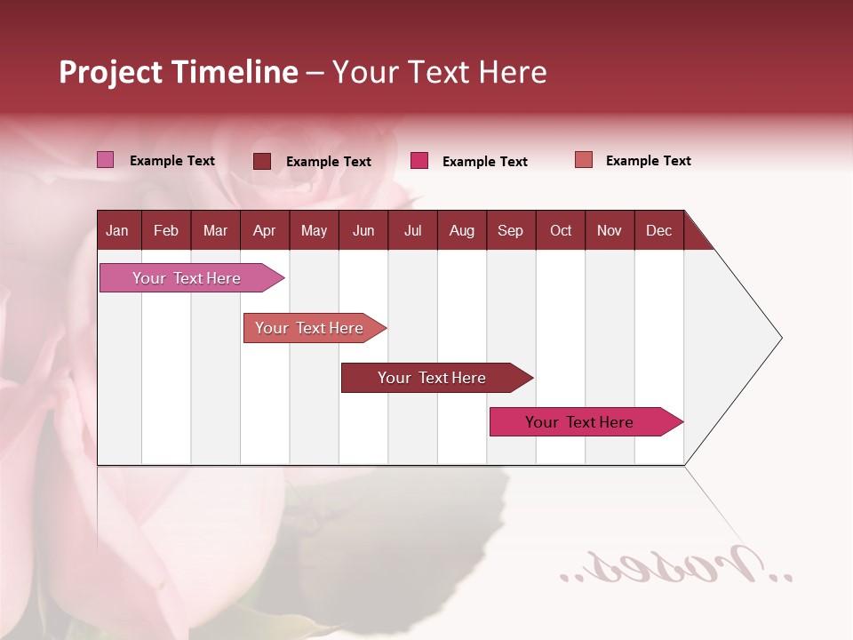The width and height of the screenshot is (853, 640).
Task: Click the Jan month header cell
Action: [118, 230]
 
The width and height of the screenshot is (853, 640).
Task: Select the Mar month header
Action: [215, 230]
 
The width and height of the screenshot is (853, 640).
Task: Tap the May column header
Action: [314, 230]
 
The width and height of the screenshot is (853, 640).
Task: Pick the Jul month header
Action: [412, 230]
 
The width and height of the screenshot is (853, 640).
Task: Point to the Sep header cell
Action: [510, 230]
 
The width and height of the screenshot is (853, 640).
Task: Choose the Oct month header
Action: [560, 230]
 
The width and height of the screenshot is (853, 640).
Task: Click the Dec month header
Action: [658, 230]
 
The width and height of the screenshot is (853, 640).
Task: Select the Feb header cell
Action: [166, 230]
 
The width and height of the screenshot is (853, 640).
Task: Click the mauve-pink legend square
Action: [106, 160]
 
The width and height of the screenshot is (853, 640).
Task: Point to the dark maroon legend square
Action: [262, 161]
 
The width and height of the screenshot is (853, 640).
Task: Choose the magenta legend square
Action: [419, 161]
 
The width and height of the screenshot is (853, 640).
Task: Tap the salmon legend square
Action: [584, 160]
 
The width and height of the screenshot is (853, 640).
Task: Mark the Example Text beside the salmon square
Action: [648, 161]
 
